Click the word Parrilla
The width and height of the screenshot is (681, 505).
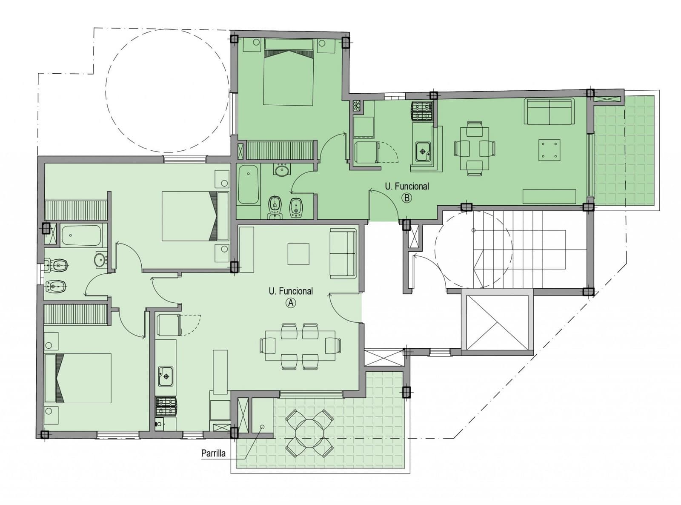pos(213,453)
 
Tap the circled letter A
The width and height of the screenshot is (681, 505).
pos(291,304)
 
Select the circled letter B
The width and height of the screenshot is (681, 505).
pos(407,198)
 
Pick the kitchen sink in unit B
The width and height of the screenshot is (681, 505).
pos(423,152)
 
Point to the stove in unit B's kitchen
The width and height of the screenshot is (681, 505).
pos(421,110)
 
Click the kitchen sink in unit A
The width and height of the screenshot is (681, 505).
pos(166,376)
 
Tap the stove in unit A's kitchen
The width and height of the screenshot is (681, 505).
pos(166,407)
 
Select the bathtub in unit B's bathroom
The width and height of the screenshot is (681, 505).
pos(249,185)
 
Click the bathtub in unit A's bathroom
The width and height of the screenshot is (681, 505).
pos(81,235)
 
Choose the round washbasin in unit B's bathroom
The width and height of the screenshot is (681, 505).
pos(281,170)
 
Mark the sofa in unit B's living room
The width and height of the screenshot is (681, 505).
pos(549,112)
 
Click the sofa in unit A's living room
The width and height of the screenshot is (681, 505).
pos(343,253)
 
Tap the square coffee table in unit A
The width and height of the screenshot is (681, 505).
pos(298,254)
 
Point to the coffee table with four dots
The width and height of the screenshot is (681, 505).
pos(549,150)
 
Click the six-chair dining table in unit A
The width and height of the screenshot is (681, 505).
pos(300,346)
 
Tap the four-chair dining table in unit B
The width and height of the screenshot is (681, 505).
pos(475,149)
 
